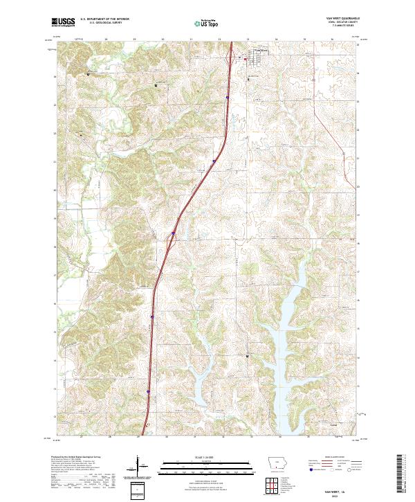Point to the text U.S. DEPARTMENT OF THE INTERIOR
coord(104,19)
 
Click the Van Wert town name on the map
coord(261,51)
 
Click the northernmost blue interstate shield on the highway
coord(226,98)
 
